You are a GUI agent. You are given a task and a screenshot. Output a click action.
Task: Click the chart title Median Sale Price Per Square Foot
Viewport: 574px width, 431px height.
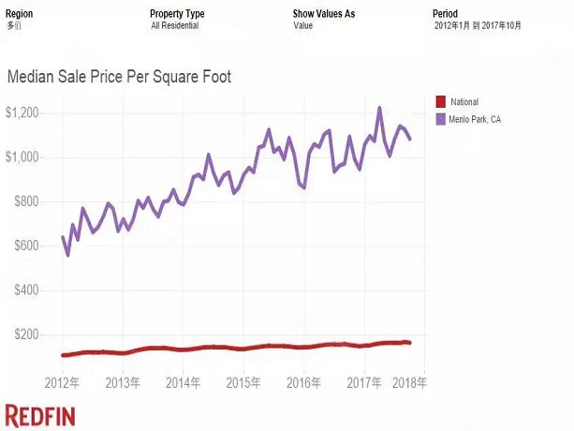pyautogui.click(x=119, y=77)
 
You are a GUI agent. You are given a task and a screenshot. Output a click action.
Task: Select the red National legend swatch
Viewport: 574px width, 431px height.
pyautogui.click(x=441, y=101)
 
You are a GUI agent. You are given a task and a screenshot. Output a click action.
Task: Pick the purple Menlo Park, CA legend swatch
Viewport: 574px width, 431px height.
pyautogui.click(x=441, y=119)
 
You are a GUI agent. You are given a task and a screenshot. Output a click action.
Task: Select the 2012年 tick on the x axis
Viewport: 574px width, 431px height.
pyautogui.click(x=63, y=383)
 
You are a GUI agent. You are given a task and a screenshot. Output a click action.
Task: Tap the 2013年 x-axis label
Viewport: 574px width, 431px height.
pyautogui.click(x=123, y=383)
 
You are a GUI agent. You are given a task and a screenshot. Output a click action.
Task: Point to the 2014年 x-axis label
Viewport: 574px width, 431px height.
pyautogui.click(x=183, y=383)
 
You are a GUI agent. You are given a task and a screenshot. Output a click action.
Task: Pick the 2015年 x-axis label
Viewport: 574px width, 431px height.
pyautogui.click(x=242, y=383)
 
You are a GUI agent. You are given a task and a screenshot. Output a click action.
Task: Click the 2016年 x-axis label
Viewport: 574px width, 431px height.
pyautogui.click(x=302, y=383)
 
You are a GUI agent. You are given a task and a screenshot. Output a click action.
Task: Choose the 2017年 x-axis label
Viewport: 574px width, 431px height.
pyautogui.click(x=361, y=383)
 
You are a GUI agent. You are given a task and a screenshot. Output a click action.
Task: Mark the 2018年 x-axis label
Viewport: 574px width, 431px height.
pyautogui.click(x=409, y=383)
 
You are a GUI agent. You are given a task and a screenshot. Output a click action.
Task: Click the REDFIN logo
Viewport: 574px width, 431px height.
pyautogui.click(x=40, y=416)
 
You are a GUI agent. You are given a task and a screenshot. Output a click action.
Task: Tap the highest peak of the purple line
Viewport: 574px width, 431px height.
pyautogui.click(x=379, y=108)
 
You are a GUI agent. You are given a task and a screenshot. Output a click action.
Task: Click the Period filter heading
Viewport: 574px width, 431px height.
pyautogui.click(x=445, y=14)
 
